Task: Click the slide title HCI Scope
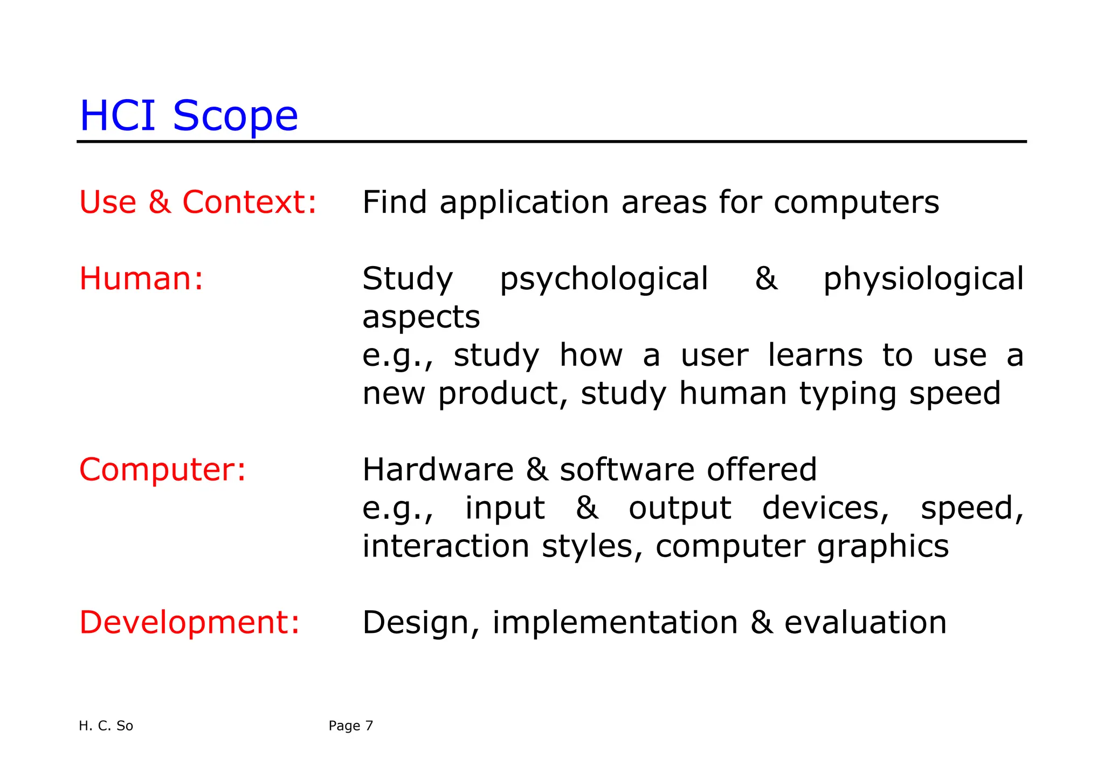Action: point(189,116)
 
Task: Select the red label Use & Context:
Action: point(198,203)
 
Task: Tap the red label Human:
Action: point(141,279)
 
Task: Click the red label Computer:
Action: point(162,470)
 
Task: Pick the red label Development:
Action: point(189,623)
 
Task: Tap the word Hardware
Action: point(438,470)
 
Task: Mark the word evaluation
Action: point(865,623)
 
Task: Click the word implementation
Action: point(615,623)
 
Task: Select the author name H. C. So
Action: point(106,726)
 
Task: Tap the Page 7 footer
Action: point(350,726)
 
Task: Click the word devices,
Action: point(825,508)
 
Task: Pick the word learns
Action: point(815,356)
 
